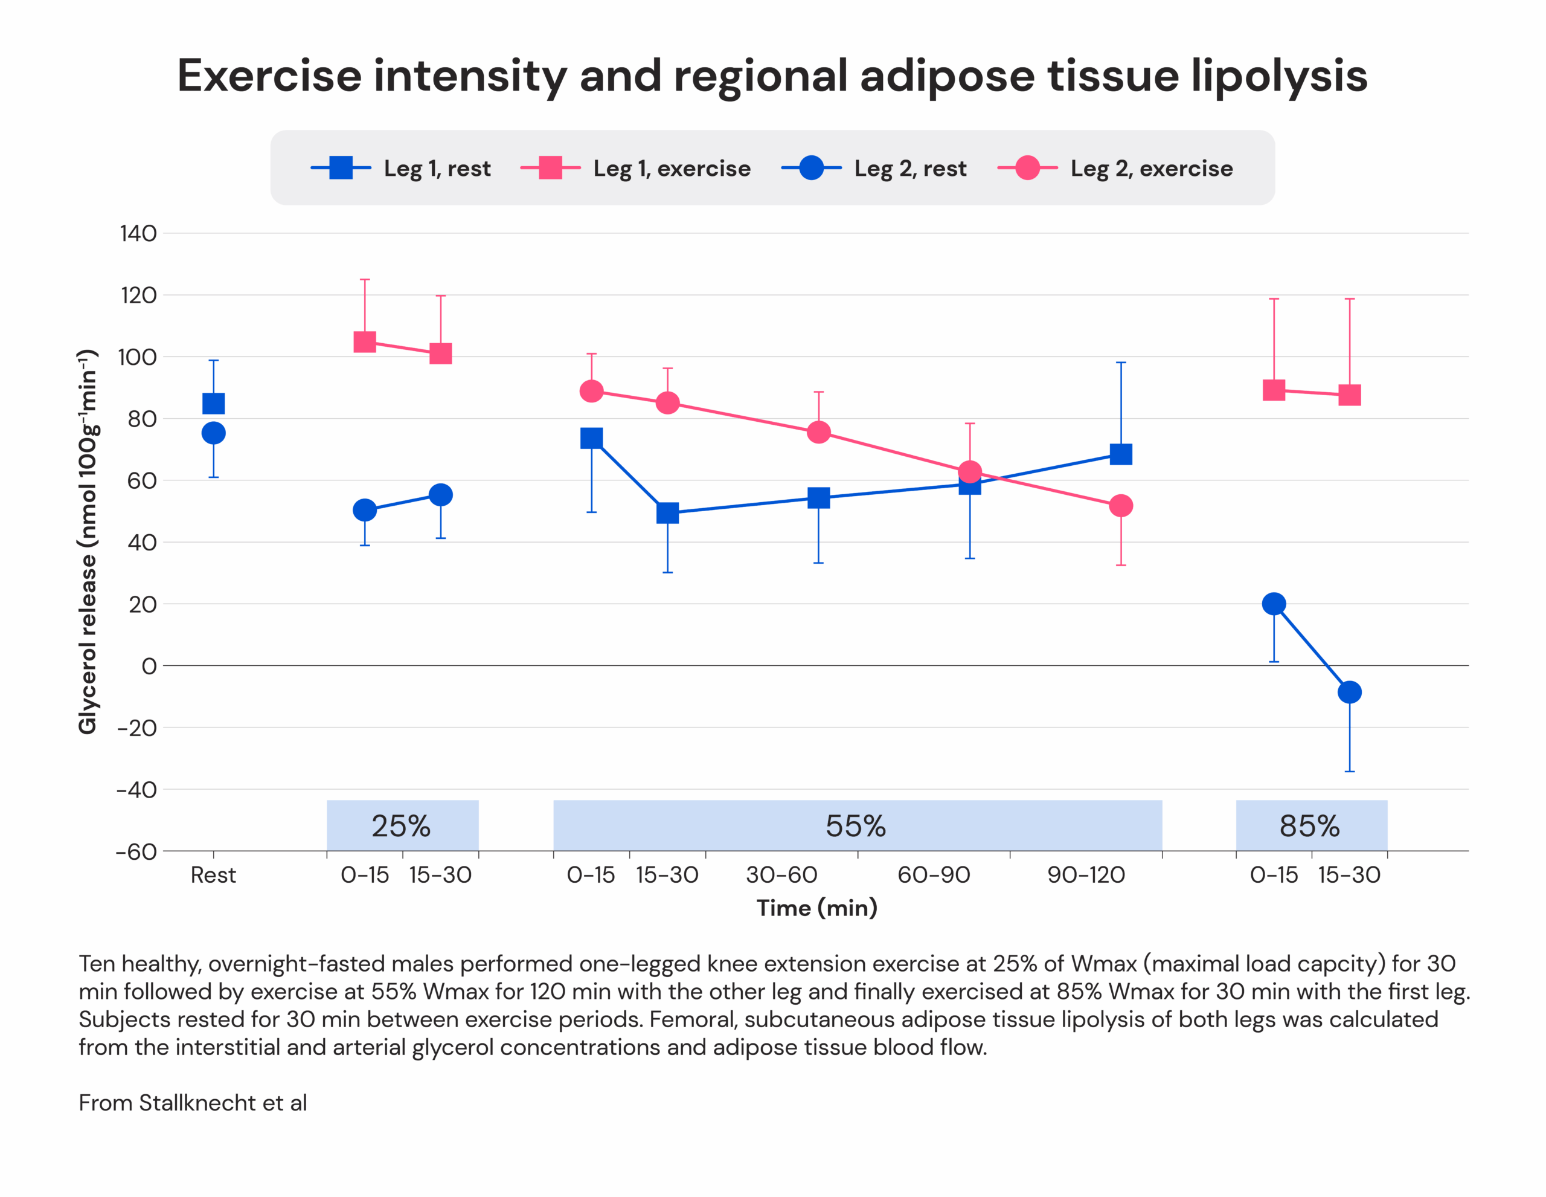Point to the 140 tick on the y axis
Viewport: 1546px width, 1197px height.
click(139, 233)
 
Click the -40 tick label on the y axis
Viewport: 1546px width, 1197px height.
click(136, 790)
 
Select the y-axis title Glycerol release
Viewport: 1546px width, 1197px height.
click(88, 542)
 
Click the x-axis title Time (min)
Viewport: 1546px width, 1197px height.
click(817, 908)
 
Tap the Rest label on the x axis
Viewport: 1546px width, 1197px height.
click(213, 876)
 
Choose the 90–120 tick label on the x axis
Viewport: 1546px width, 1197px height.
click(1086, 876)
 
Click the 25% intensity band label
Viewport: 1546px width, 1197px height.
click(402, 826)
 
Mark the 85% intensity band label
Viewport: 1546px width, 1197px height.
click(1309, 826)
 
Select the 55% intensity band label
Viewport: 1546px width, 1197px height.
click(856, 826)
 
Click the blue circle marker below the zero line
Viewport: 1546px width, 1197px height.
click(1349, 692)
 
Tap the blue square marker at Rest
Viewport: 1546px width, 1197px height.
click(214, 404)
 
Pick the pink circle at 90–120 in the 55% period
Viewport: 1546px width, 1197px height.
click(1121, 506)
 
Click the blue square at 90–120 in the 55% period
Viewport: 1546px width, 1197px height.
click(1121, 454)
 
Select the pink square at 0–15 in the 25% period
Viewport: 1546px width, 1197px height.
click(365, 342)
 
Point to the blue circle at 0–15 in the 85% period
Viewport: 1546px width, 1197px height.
click(1274, 604)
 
